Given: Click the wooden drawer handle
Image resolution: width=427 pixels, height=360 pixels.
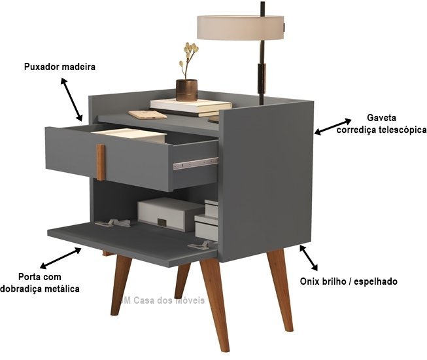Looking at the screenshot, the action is pyautogui.click(x=101, y=162).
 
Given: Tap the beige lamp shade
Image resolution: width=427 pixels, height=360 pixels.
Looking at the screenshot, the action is pyautogui.click(x=241, y=27).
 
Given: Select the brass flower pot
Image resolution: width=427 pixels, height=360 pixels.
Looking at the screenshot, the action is pyautogui.click(x=186, y=90).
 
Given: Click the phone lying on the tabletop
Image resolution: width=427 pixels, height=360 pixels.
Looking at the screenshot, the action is pyautogui.click(x=147, y=115).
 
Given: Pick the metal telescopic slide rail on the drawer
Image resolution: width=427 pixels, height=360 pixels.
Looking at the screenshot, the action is pyautogui.click(x=196, y=164).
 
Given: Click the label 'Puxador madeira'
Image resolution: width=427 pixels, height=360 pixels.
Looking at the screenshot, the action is pyautogui.click(x=60, y=67).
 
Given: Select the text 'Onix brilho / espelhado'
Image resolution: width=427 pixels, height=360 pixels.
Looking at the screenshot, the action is pyautogui.click(x=349, y=281).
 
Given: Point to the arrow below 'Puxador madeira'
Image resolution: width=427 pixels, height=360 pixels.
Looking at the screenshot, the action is pyautogui.click(x=71, y=99).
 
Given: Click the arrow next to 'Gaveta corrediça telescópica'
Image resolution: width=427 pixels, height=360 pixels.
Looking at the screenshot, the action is pyautogui.click(x=332, y=126).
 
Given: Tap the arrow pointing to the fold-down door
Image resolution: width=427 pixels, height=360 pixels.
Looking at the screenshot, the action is pyautogui.click(x=60, y=258).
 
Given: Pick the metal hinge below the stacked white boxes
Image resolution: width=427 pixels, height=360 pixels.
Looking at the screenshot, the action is pyautogui.click(x=201, y=245).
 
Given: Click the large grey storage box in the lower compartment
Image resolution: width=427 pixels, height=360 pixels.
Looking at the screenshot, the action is pyautogui.click(x=170, y=215).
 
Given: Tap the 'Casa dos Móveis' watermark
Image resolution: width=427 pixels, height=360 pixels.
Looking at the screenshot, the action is pyautogui.click(x=163, y=300).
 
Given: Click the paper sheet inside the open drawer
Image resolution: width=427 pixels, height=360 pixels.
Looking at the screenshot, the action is pyautogui.click(x=129, y=135).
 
